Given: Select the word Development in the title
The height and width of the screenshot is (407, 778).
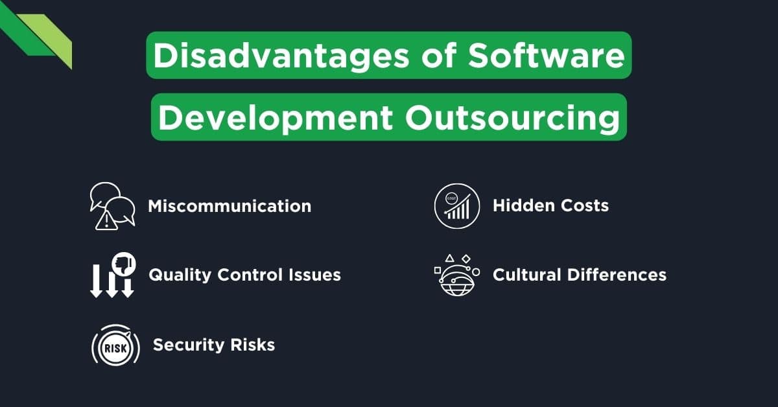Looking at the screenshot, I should click(x=274, y=119).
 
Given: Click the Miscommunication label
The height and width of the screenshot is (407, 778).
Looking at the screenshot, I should click(x=230, y=206).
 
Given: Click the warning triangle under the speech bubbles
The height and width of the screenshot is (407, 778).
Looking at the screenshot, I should click(x=103, y=222).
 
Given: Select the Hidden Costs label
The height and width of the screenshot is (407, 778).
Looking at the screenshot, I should click(x=550, y=206).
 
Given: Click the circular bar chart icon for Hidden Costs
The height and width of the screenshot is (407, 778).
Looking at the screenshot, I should click(x=456, y=206).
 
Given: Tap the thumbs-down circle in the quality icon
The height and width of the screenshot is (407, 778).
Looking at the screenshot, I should click(x=123, y=262).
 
